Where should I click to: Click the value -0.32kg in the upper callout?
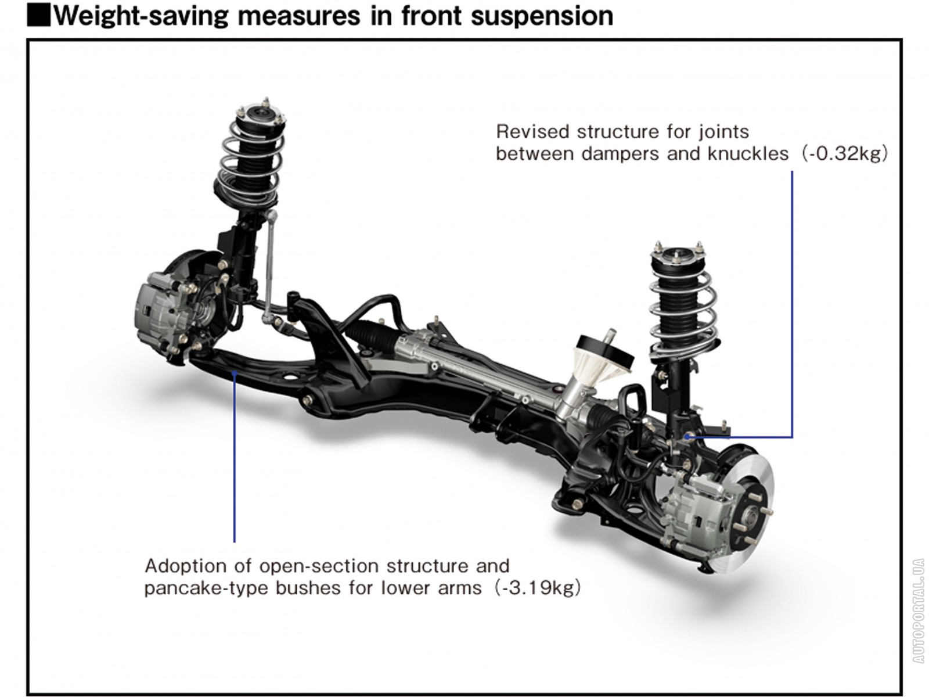[845, 154]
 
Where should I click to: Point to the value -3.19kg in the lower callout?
[538, 588]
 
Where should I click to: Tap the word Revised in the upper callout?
[532, 132]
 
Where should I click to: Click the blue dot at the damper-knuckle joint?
[686, 436]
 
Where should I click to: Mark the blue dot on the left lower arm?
[234, 373]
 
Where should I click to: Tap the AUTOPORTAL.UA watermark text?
[918, 610]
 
